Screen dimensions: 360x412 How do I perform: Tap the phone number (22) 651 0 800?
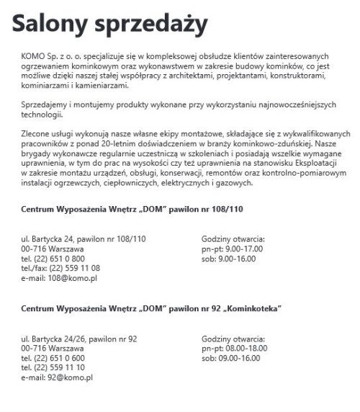59,258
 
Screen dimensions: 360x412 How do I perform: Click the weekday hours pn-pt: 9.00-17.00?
232,248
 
